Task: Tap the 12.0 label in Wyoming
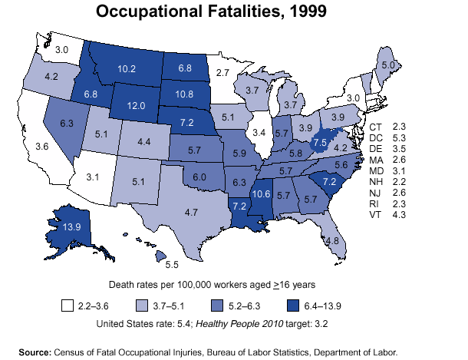[137, 106]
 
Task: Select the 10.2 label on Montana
[127, 68]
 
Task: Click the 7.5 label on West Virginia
[321, 143]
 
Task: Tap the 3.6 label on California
[42, 146]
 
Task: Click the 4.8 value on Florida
[332, 240]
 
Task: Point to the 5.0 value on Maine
[390, 67]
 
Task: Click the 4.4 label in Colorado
[143, 141]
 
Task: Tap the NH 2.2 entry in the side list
[387, 182]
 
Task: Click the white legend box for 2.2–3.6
[68, 306]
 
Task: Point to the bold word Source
[35, 352]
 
